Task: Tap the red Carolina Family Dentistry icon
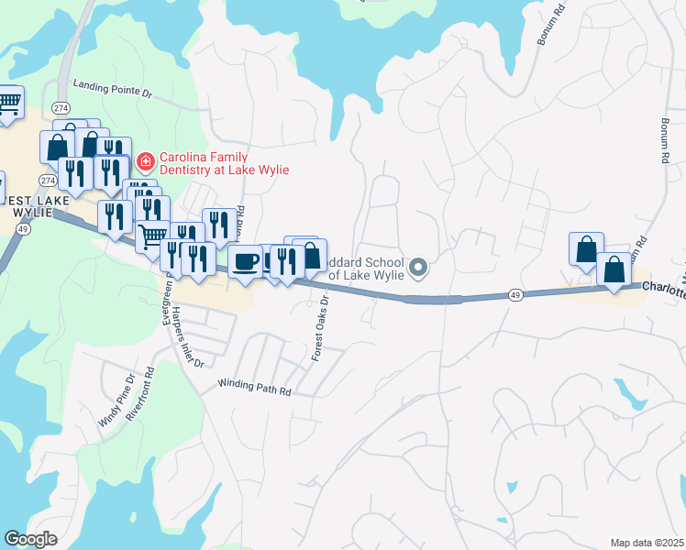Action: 145,162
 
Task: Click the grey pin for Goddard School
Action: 418,268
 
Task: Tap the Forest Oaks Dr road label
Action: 320,326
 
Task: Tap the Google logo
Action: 30,538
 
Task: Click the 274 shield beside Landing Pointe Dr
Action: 60,107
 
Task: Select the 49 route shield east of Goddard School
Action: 516,295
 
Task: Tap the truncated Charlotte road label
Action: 663,287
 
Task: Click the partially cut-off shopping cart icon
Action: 9,103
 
